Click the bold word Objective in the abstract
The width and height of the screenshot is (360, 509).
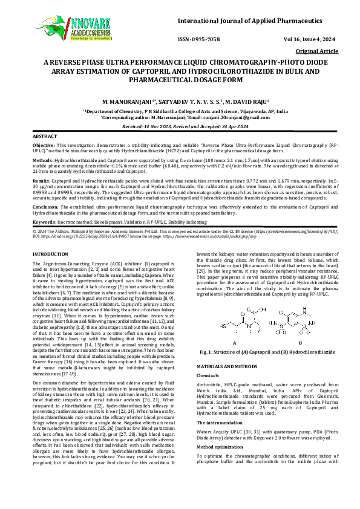coord(44,146)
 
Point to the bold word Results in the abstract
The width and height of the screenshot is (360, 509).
coord(41,180)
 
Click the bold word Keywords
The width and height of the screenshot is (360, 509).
coord(44,222)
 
